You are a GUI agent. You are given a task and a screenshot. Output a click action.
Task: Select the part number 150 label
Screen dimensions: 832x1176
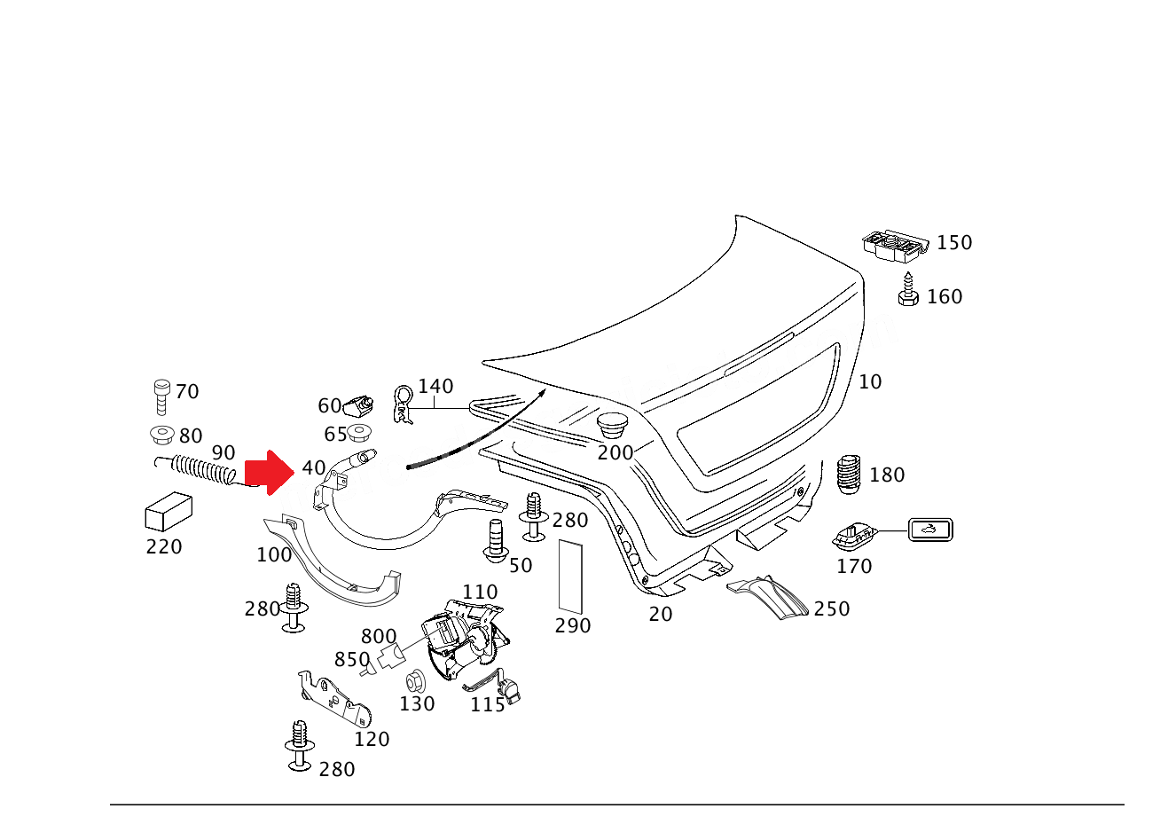coord(954,243)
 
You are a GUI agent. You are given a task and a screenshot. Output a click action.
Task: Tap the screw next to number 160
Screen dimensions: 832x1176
coord(907,291)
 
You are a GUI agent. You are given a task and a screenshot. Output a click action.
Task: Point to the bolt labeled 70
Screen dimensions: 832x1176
coord(161,396)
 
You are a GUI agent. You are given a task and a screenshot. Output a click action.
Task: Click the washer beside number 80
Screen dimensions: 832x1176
coord(161,435)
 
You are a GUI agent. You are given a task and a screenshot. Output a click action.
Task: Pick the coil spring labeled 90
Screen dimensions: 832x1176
coord(203,469)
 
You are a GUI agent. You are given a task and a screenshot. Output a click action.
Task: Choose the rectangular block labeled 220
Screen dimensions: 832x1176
coord(169,512)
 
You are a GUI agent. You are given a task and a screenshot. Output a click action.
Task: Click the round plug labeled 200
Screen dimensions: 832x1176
coord(611,423)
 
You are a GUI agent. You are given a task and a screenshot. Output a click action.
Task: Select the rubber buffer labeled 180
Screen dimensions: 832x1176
coord(849,475)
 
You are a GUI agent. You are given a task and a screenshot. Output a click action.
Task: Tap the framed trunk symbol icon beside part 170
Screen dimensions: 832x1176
coord(930,530)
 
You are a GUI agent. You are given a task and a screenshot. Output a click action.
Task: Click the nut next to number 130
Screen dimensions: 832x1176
coord(414,683)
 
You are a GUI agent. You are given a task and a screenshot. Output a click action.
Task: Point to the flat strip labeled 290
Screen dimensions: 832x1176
coord(571,576)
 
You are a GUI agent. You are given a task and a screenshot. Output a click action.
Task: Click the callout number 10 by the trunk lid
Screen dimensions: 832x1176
coord(870,382)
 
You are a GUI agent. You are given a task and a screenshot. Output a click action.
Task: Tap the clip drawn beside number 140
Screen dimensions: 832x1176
coord(404,404)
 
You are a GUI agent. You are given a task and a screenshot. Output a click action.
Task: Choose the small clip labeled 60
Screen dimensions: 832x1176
coord(360,405)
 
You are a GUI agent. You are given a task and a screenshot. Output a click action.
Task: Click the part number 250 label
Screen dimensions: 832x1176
coord(832,609)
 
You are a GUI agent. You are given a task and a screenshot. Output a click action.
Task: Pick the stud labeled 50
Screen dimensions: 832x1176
coord(496,541)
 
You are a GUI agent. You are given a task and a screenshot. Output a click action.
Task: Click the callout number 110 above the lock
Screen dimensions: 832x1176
coord(480,593)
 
